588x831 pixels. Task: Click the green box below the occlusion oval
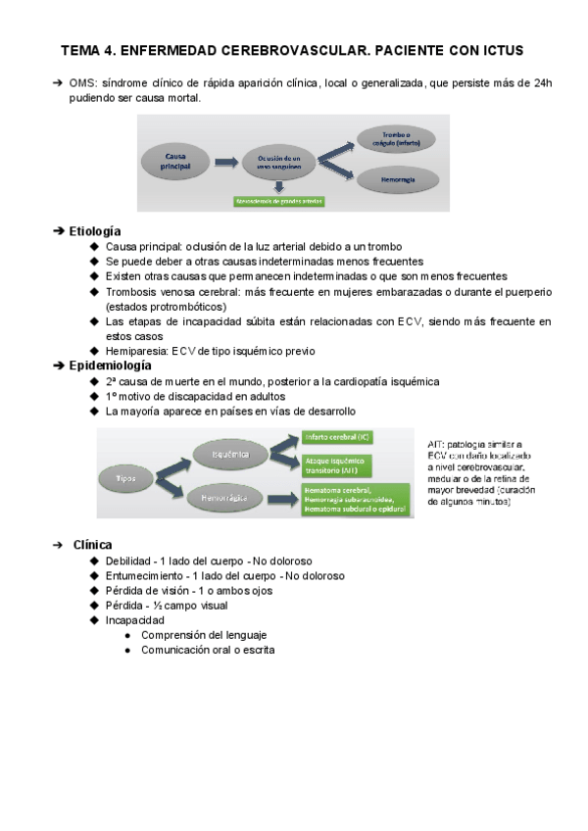[x=278, y=201]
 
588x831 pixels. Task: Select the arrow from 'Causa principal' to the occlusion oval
[x=227, y=162]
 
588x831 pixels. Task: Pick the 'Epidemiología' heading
[x=110, y=365]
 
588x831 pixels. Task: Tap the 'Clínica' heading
[x=92, y=544]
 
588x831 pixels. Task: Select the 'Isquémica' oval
[x=228, y=455]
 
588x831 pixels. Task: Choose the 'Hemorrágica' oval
[x=230, y=499]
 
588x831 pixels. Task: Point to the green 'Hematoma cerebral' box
[x=354, y=499]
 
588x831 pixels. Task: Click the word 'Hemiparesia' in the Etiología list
[x=136, y=350]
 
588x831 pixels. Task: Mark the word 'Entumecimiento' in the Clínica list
[x=144, y=575]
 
